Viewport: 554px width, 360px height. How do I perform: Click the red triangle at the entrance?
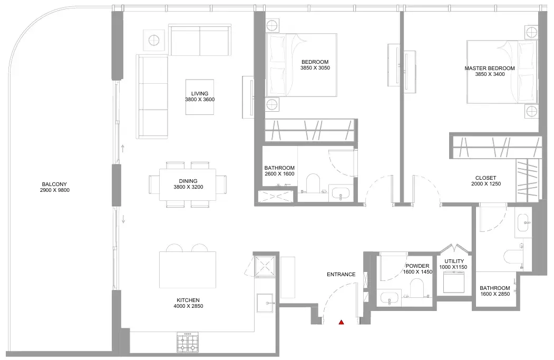point(341,322)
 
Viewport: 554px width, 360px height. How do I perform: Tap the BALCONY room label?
point(54,184)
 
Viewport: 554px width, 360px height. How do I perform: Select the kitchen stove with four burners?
point(188,342)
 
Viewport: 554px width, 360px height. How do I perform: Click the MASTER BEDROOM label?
point(489,68)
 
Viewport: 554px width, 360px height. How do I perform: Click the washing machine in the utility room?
point(454,282)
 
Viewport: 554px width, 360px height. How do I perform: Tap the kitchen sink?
point(265,303)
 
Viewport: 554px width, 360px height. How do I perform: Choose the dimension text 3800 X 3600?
point(200,100)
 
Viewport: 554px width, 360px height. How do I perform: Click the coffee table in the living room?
point(200,97)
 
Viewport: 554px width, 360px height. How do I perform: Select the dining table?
point(188,184)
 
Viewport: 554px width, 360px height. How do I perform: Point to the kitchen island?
point(188,269)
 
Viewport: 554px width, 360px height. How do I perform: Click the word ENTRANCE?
point(341,274)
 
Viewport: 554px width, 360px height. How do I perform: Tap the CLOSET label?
point(486,178)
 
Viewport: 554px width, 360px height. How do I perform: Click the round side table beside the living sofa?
point(154,40)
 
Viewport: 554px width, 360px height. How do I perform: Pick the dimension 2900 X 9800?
point(55,190)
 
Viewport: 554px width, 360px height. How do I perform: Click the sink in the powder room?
point(390,297)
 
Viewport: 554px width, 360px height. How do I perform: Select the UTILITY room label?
point(454,261)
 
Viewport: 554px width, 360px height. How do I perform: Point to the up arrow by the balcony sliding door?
point(123,149)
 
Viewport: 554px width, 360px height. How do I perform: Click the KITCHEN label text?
point(188,300)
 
